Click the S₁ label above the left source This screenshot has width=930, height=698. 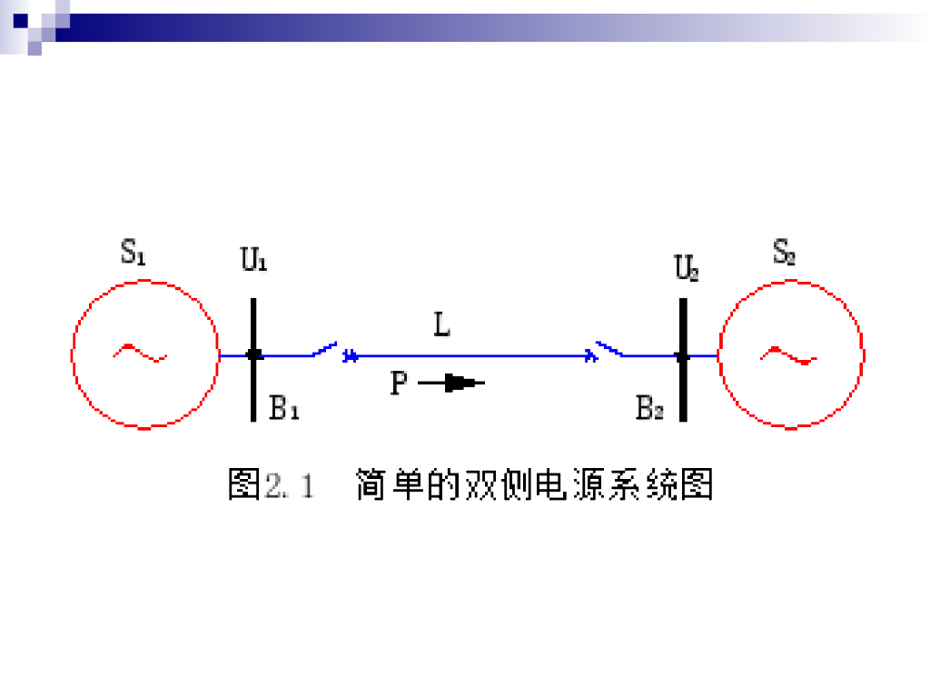[134, 252]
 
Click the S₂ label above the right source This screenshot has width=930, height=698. [784, 252]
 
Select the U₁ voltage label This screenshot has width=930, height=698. [253, 260]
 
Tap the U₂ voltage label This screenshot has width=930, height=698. [686, 268]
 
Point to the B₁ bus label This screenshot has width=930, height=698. [284, 409]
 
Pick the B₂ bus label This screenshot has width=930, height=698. [649, 409]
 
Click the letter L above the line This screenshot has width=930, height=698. [441, 325]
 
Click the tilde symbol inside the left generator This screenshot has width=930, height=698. [140, 353]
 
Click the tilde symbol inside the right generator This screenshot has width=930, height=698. [788, 354]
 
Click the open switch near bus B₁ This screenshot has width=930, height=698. [325, 349]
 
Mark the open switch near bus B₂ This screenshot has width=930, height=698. [609, 349]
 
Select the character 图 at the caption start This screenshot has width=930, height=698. [244, 484]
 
